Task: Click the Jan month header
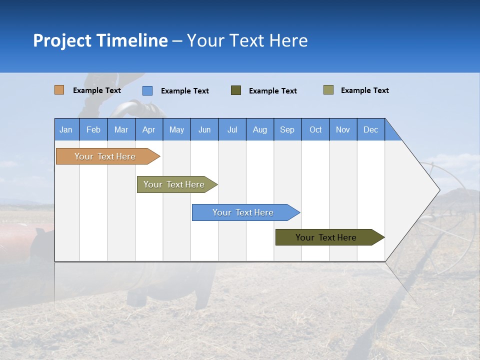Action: tap(66, 129)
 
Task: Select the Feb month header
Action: tap(93, 129)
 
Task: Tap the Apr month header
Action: tap(148, 129)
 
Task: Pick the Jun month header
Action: tap(204, 129)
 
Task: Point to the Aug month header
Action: tap(259, 129)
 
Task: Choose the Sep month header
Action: tap(287, 129)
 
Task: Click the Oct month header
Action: tap(315, 129)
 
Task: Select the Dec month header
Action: tap(370, 129)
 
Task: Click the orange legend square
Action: tap(59, 90)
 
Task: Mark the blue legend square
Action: tap(147, 90)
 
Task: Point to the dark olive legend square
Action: tap(236, 90)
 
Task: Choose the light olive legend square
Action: tap(328, 90)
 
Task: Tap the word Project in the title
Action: tap(62, 40)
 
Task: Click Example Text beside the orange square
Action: tap(97, 90)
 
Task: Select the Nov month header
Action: tap(343, 129)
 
